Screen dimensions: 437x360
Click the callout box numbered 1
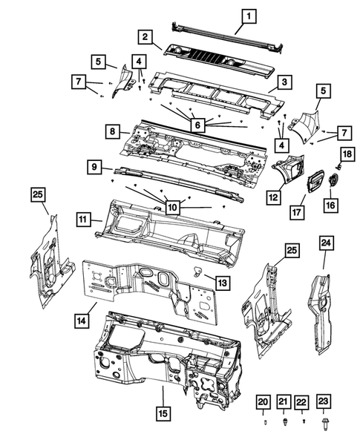point(249,13)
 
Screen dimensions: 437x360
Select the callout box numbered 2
point(147,36)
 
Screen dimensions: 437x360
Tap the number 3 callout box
point(283,82)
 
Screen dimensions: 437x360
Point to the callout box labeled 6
point(197,126)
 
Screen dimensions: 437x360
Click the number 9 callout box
point(96,168)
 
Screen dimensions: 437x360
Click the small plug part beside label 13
point(199,269)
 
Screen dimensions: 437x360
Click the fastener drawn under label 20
point(263,421)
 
